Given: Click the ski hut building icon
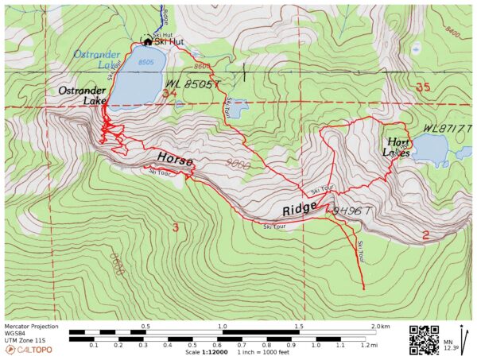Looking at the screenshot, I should (x=147, y=41).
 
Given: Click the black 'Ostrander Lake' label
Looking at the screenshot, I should (x=83, y=96).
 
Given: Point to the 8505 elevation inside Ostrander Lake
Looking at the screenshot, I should (x=145, y=60).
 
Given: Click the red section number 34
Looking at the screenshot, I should (x=168, y=93).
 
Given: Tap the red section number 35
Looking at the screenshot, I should (x=423, y=87).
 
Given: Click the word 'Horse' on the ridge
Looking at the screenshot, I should (x=175, y=159).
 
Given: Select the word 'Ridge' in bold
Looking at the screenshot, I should (x=301, y=211).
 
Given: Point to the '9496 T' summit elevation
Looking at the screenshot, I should (x=351, y=211).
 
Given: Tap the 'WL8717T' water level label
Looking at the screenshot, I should (x=448, y=127).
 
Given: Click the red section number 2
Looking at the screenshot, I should (x=426, y=234).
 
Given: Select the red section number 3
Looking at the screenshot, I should (x=175, y=229).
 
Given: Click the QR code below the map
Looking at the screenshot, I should (x=424, y=339).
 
